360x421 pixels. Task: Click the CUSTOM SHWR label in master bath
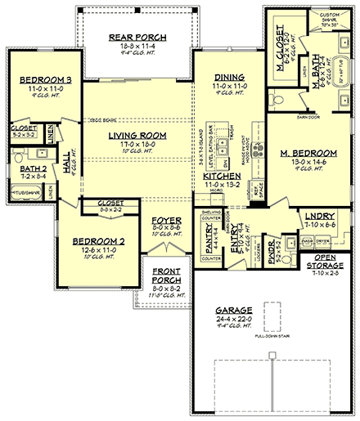[331, 16]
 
